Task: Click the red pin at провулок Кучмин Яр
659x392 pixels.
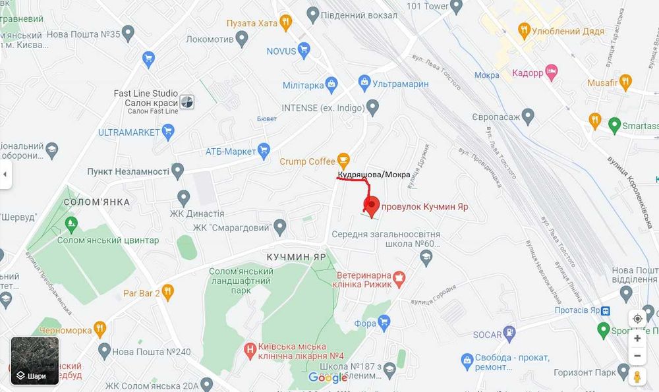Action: [x=372, y=205]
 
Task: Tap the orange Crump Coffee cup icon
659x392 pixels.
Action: [x=343, y=159]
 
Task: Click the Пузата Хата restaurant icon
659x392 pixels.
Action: [x=285, y=22]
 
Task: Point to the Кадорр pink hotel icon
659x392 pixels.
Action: [x=552, y=72]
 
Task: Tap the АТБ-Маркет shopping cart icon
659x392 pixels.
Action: [x=264, y=150]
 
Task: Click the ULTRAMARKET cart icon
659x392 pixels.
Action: [x=169, y=131]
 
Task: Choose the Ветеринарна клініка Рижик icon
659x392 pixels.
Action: [x=399, y=279]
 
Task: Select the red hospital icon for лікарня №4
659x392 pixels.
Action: [x=250, y=349]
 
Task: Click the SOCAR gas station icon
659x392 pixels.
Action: [x=509, y=333]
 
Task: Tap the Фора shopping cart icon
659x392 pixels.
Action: [x=384, y=322]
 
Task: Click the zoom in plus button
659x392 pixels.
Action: [x=637, y=338]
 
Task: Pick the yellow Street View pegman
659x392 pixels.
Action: [x=637, y=377]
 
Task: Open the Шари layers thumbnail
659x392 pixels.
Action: [x=35, y=360]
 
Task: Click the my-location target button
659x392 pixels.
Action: [x=637, y=319]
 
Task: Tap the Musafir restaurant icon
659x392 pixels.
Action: [x=625, y=82]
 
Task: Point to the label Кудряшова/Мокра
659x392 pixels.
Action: [x=374, y=175]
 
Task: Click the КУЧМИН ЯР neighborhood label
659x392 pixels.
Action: [x=297, y=257]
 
